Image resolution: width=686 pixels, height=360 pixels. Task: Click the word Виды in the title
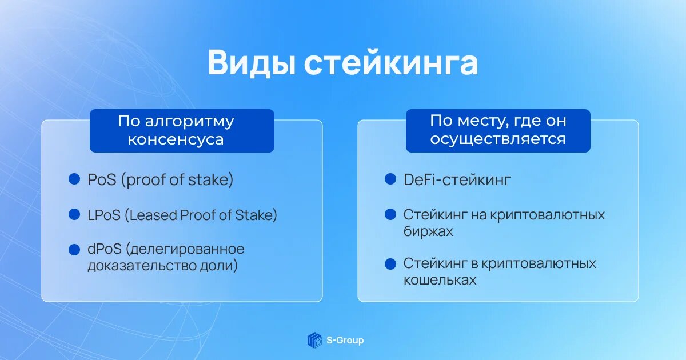pyautogui.click(x=252, y=63)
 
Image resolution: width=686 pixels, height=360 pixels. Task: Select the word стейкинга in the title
pyautogui.click(x=391, y=63)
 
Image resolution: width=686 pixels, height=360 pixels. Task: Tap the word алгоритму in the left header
pyautogui.click(x=190, y=122)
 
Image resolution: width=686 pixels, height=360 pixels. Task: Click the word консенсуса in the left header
pyautogui.click(x=176, y=139)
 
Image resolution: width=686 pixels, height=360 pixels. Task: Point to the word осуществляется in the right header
pyautogui.click(x=498, y=139)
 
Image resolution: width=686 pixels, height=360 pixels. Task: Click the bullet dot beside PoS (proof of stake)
pyautogui.click(x=74, y=179)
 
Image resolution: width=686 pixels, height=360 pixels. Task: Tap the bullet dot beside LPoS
pyautogui.click(x=74, y=214)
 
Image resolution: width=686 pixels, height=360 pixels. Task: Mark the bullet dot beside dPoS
pyautogui.click(x=74, y=250)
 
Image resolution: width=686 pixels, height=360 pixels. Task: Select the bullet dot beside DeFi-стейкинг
pyautogui.click(x=390, y=179)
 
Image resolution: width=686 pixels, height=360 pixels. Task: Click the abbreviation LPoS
pyautogui.click(x=104, y=215)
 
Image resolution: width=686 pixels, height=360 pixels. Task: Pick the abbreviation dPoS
pyautogui.click(x=105, y=249)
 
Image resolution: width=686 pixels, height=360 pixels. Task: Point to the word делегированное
pyautogui.click(x=185, y=250)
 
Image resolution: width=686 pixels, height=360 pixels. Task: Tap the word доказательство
pyautogui.click(x=142, y=265)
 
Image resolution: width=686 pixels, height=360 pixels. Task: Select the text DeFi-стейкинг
pyautogui.click(x=457, y=179)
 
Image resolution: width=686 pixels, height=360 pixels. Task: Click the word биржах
pyautogui.click(x=428, y=231)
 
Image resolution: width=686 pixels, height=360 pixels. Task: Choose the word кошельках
pyautogui.click(x=440, y=280)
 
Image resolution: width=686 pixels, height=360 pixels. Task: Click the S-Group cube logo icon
pyautogui.click(x=314, y=340)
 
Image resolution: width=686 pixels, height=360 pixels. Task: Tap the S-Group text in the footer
pyautogui.click(x=345, y=340)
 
